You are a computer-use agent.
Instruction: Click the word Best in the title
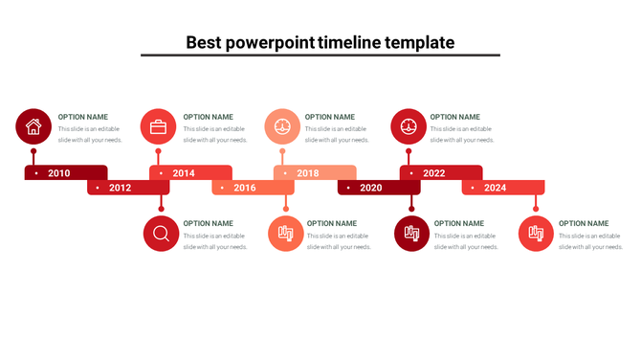pyautogui.click(x=203, y=42)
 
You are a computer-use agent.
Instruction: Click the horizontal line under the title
pyautogui.click(x=320, y=56)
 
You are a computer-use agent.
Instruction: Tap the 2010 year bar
pyautogui.click(x=65, y=173)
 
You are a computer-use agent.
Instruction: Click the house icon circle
pyautogui.click(x=33, y=126)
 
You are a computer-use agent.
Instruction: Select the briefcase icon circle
pyautogui.click(x=158, y=126)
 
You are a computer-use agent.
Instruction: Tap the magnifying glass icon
pyautogui.click(x=161, y=234)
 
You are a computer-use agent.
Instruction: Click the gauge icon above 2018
pyautogui.click(x=282, y=126)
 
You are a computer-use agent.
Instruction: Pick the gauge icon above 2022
pyautogui.click(x=409, y=126)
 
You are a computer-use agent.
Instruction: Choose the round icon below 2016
pyautogui.click(x=285, y=234)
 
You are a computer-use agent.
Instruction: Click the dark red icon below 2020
pyautogui.click(x=411, y=234)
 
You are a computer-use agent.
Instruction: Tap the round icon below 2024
pyautogui.click(x=536, y=234)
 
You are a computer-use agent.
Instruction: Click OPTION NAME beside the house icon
pyautogui.click(x=83, y=117)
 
